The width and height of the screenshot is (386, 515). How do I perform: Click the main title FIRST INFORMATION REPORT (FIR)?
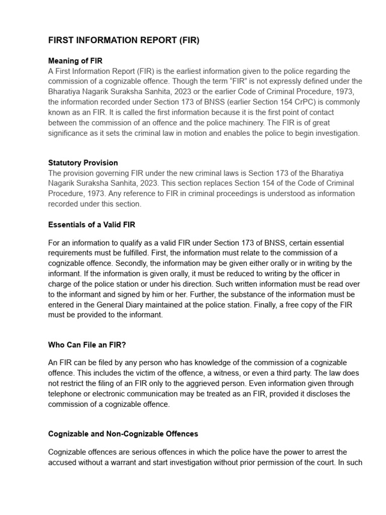(124, 41)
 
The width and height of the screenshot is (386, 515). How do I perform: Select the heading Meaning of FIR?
(75, 61)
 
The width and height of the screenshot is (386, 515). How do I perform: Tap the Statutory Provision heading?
(83, 163)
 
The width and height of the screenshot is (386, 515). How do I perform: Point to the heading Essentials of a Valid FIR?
(91, 224)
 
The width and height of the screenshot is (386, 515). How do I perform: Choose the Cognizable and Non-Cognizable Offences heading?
(123, 434)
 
